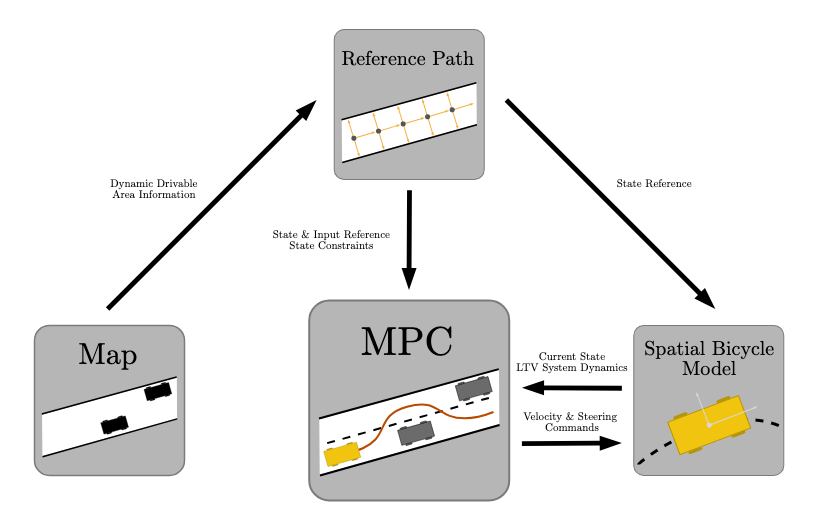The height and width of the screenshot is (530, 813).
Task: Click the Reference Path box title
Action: coord(408,59)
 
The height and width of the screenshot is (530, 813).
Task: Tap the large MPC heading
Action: coord(407,341)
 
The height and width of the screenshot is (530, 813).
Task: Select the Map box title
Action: coord(108,354)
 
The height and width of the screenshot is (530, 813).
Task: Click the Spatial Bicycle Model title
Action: coord(708,359)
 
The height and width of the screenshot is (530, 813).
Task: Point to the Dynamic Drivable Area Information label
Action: coord(153,190)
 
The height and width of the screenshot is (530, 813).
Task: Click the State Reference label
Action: coord(654,184)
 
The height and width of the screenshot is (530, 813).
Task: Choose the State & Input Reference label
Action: coord(331,240)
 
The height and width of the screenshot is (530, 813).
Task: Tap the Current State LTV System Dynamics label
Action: coord(571,362)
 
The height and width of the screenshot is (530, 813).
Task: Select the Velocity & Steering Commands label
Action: coord(571,422)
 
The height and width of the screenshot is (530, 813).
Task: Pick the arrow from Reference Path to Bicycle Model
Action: coord(610,203)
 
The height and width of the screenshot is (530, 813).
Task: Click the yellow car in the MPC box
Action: coord(342,454)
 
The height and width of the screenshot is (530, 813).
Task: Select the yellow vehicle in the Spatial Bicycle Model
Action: coord(708,424)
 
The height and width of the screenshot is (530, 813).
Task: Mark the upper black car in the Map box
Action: coord(157,392)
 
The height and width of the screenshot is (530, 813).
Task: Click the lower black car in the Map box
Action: coord(114,425)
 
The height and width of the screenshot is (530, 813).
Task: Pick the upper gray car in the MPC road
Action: coord(473,387)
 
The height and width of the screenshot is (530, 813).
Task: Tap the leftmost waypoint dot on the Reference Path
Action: coord(354,138)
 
